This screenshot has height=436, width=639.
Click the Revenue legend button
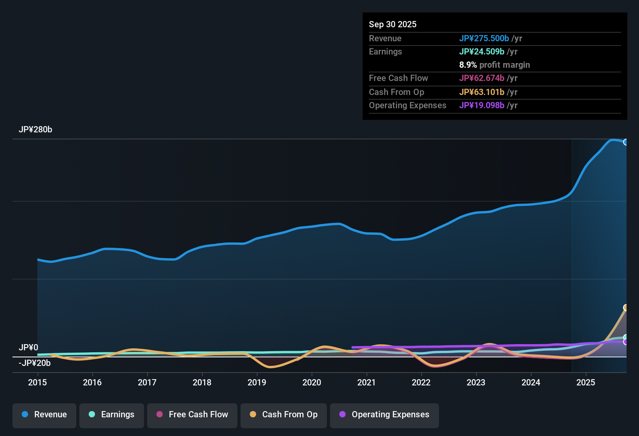coord(44,415)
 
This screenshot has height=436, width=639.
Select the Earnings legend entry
coord(112,415)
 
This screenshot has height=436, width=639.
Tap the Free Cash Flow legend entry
coord(192,415)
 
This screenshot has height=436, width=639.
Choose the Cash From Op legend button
coord(284,415)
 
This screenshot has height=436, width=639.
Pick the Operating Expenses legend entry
coord(384,415)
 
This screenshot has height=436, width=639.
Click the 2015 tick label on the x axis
coord(37,383)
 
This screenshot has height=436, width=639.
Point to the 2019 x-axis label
coord(257,383)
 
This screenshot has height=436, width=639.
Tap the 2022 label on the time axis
coord(421,383)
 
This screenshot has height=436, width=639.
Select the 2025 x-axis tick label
coord(586,383)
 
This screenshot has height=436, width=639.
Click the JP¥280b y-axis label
coord(35,130)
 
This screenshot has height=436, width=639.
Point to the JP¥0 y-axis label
coord(28,348)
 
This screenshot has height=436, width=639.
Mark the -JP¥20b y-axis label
coord(35,363)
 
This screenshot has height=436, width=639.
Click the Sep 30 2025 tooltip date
coord(393,25)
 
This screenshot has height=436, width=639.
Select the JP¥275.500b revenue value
coord(484,39)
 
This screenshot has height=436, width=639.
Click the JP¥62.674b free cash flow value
coord(481,78)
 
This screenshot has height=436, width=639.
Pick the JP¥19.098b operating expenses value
coord(481,105)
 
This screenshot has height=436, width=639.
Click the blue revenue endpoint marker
coord(626,142)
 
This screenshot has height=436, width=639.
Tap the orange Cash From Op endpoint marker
coord(626,308)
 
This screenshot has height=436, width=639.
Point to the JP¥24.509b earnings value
coord(481,52)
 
